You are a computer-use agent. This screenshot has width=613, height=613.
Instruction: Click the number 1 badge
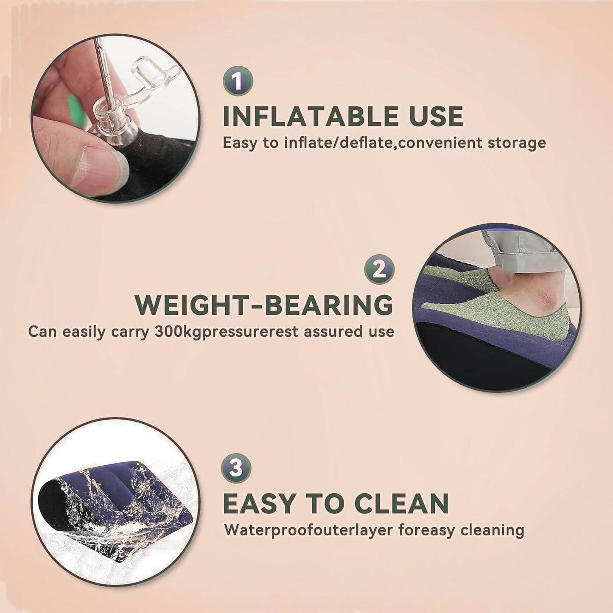[238, 81]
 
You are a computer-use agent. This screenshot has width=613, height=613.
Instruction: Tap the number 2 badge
[379, 270]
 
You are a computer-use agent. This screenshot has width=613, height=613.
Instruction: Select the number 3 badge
[236, 469]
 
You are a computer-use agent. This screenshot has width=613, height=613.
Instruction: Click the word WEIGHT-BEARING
[264, 305]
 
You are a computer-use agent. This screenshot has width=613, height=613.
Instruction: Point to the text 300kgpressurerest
[227, 332]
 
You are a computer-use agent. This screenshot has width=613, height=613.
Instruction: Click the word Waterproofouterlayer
[308, 531]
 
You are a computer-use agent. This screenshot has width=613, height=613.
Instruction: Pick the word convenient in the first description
[441, 143]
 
